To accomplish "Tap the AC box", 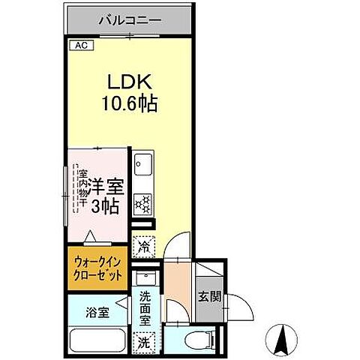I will (79, 46).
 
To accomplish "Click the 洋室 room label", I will (105, 184).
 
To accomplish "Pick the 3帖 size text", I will (105, 206).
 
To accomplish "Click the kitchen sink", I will (142, 165).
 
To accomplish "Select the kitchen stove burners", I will (142, 202).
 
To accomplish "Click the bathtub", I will (97, 340).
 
